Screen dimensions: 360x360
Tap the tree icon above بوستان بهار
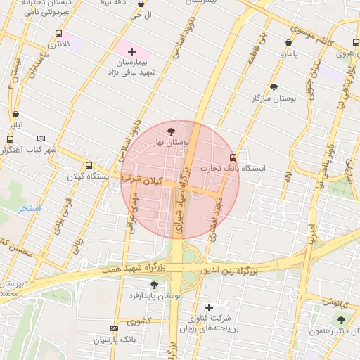172,131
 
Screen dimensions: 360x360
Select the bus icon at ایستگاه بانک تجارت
233,157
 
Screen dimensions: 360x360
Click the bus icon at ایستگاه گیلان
89,165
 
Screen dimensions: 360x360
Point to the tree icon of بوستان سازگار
274,87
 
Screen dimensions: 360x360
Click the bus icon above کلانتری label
58,33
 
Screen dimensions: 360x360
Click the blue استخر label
30,209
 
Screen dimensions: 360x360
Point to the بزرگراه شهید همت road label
134,268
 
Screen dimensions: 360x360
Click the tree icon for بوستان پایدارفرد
154,285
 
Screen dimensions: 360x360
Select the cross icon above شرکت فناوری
209,307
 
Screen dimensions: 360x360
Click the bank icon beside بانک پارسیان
115,328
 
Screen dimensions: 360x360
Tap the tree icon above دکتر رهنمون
341,320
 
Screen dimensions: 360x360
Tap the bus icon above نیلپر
15,115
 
